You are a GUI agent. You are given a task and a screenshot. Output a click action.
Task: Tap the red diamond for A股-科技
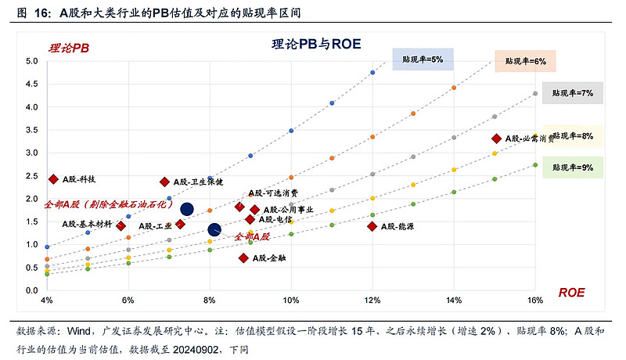[x=54, y=179]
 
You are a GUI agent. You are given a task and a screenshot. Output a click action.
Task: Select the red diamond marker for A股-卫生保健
[x=165, y=182]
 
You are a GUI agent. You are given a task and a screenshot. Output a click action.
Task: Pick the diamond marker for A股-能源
[x=372, y=226]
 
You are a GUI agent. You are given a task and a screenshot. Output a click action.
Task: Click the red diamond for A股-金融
[x=244, y=257]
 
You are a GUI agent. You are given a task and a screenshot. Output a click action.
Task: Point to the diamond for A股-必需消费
[x=496, y=139]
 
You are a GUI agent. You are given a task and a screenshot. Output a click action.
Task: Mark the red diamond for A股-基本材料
[x=121, y=225]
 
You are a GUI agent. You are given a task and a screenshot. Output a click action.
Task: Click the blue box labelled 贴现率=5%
[x=423, y=59]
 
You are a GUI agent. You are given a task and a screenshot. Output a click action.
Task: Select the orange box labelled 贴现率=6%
[x=525, y=60]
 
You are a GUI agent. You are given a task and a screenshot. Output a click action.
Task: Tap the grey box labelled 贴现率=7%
[x=573, y=92]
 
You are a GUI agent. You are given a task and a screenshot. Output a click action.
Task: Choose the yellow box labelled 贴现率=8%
[x=573, y=135]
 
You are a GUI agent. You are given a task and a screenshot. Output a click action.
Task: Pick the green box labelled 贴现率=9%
[x=573, y=167]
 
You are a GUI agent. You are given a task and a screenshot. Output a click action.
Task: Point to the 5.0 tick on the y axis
[x=32, y=61]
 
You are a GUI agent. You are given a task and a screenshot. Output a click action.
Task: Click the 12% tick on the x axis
[x=372, y=301]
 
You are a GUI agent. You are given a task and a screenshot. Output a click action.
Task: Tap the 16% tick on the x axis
[x=535, y=301]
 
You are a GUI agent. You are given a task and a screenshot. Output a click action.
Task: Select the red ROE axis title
[x=571, y=293]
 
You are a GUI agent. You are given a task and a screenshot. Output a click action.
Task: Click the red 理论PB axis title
[x=70, y=48]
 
